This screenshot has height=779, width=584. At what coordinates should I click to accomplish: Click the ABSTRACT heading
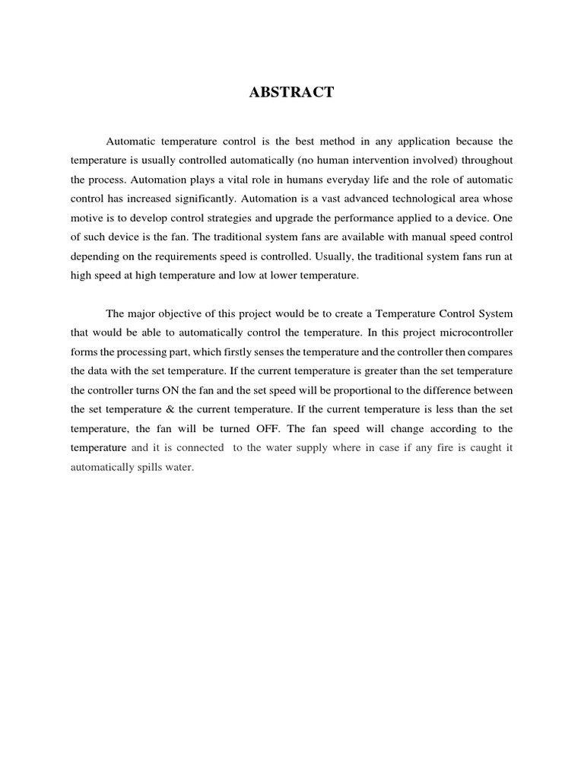coord(292,93)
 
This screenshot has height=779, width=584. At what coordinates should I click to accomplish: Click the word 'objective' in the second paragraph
coord(185,313)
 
